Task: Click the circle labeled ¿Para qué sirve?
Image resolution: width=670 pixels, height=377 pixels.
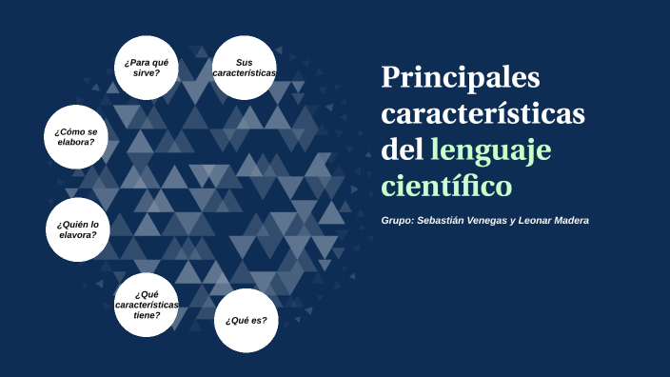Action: tap(146, 68)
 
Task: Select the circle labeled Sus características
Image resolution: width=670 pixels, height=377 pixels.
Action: tap(244, 68)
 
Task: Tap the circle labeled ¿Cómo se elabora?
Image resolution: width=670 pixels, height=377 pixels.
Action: tap(76, 136)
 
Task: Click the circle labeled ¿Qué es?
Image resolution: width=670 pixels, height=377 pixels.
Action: tap(246, 320)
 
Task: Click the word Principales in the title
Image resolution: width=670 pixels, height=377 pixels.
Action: tap(460, 78)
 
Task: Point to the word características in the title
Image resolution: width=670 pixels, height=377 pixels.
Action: tap(483, 113)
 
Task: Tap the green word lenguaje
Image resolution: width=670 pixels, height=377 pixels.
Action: tap(491, 149)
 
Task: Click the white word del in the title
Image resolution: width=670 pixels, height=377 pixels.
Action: tap(401, 149)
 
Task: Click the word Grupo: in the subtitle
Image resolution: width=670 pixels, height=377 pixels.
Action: tap(398, 221)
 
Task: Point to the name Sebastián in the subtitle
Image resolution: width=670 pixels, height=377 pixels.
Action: tap(445, 221)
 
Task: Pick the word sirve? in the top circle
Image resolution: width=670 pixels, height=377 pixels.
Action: tap(146, 73)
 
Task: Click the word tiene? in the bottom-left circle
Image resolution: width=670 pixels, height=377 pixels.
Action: tap(146, 315)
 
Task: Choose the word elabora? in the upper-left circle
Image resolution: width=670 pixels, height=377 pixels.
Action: tap(76, 142)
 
